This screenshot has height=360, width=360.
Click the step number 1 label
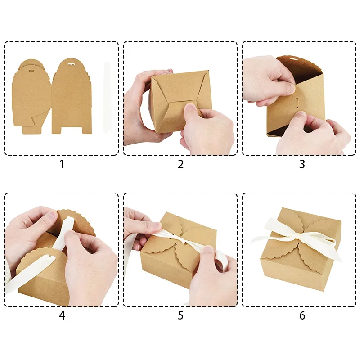[62, 164]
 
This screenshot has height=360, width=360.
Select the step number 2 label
[181, 164]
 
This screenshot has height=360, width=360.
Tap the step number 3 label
[302, 164]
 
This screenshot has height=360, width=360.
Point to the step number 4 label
[62, 315]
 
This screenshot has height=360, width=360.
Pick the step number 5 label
[181, 315]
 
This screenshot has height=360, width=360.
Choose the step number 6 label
[302, 315]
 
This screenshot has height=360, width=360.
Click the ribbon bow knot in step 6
[298, 237]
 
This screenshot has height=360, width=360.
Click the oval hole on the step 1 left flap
[31, 71]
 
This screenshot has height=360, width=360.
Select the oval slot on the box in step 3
[297, 102]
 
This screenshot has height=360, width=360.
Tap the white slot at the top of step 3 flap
[292, 59]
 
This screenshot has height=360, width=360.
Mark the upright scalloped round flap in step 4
[76, 223]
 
